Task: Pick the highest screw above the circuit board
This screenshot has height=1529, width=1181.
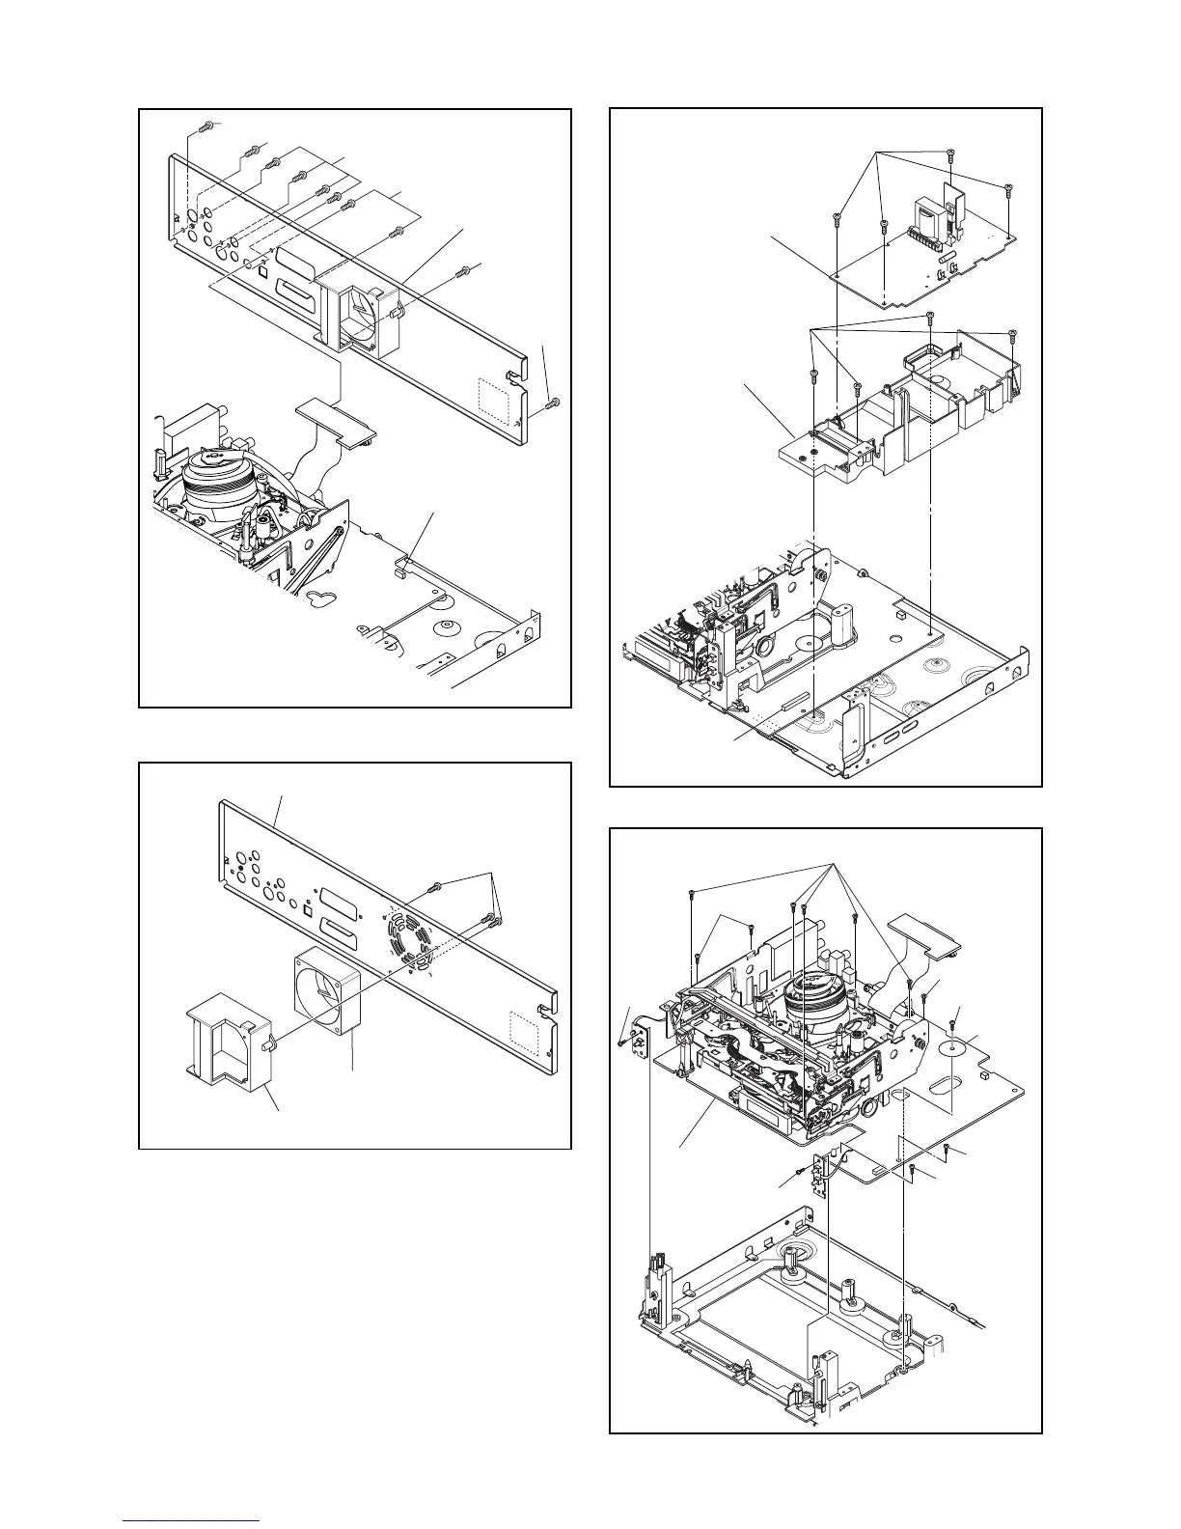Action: click(x=949, y=153)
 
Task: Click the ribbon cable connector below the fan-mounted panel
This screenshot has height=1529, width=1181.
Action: click(x=334, y=418)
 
